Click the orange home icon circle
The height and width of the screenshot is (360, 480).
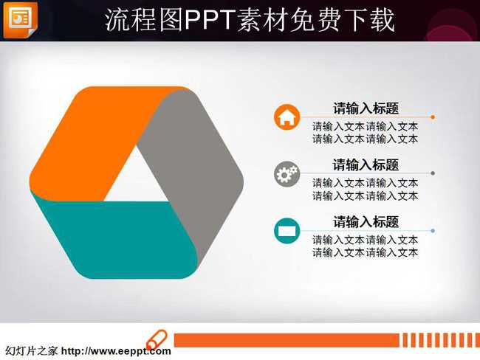click(287, 117)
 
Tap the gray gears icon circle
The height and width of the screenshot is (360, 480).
click(287, 174)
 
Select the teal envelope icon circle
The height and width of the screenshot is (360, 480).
click(287, 231)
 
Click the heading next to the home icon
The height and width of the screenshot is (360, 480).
click(366, 108)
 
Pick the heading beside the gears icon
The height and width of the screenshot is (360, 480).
click(366, 165)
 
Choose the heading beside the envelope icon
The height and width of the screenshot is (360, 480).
click(366, 222)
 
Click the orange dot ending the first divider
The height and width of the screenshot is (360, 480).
click(433, 117)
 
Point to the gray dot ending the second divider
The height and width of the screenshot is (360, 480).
click(433, 173)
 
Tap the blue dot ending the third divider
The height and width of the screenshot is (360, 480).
click(433, 231)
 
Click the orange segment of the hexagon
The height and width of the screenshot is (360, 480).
click(92, 141)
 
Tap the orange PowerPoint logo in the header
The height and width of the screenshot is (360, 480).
click(21, 20)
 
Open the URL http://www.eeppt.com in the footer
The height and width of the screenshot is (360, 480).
click(116, 351)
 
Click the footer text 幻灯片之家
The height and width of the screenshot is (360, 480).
click(31, 351)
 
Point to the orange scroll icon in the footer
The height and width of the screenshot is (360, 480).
click(157, 340)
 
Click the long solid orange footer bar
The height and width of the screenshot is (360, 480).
click(287, 340)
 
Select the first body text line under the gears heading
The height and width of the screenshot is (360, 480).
click(366, 183)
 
